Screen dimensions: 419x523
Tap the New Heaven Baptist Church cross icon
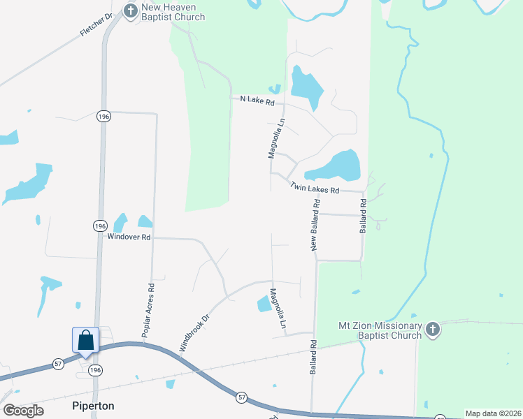click(130, 10)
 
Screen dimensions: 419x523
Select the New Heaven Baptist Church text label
click(173, 12)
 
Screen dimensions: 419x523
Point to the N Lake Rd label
click(258, 100)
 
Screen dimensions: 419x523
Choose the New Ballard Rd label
click(315, 225)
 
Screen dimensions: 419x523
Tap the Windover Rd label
click(129, 237)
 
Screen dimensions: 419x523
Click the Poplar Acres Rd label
click(148, 311)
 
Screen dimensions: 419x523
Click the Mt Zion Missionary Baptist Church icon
click(433, 330)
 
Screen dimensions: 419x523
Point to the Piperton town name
click(93, 406)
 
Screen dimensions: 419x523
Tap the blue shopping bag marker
click(85, 340)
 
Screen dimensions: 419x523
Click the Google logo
click(24, 411)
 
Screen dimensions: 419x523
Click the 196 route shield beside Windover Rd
click(100, 226)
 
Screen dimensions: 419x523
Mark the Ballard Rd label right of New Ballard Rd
click(364, 216)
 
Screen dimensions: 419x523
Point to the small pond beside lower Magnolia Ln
click(264, 304)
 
